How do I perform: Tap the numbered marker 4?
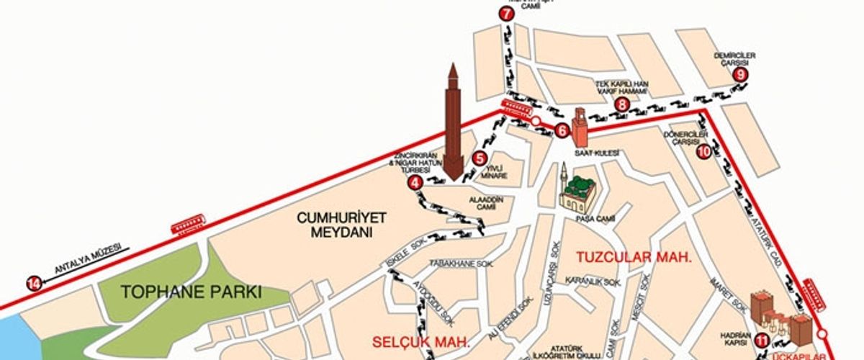click(x=415, y=182)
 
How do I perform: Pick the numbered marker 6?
click(x=563, y=130)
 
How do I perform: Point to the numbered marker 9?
click(x=742, y=73)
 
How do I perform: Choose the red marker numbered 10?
click(x=703, y=151)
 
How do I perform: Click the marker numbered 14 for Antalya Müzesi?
click(x=33, y=283)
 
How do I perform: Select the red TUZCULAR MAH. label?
click(x=634, y=257)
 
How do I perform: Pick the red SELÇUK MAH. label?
click(x=422, y=340)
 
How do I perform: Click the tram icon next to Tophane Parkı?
click(x=189, y=226)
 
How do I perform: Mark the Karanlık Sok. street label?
click(x=593, y=280)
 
